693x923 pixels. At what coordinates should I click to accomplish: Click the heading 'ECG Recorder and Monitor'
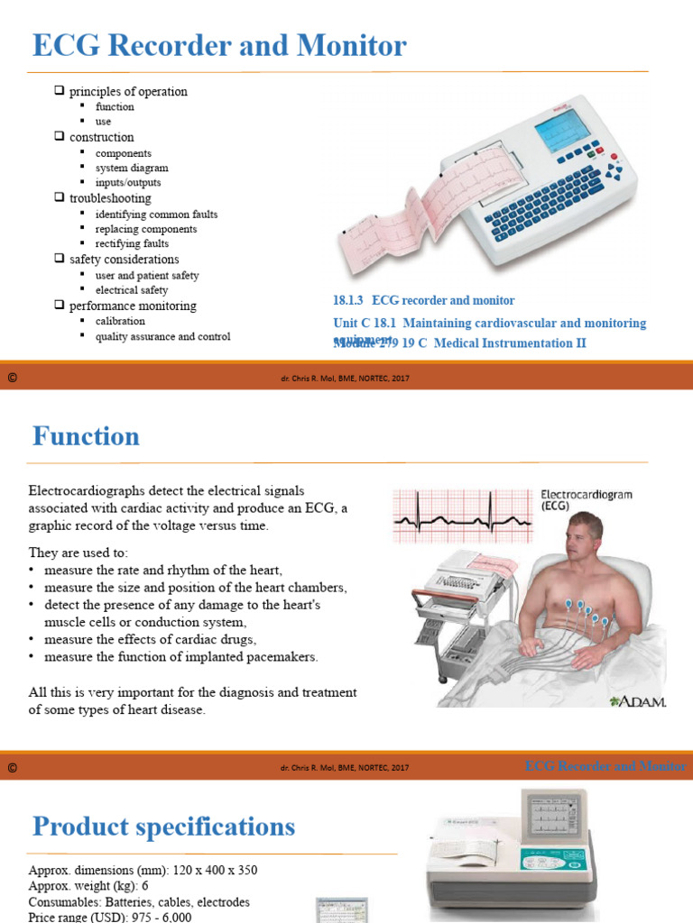point(219,45)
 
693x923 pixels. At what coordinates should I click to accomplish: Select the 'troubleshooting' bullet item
point(110,198)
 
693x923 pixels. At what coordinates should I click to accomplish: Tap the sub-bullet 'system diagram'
point(132,168)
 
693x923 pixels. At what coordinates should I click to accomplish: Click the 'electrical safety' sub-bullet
point(132,290)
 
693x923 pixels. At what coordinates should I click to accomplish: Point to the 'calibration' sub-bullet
point(120,321)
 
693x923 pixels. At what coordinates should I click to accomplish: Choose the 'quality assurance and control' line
point(162,336)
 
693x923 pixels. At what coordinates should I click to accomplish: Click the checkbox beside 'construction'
point(60,137)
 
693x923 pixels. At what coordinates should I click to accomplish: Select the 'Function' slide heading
point(86,437)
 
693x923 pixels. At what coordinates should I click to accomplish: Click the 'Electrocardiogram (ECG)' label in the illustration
point(586,500)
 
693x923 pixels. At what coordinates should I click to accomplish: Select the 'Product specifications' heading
point(163,827)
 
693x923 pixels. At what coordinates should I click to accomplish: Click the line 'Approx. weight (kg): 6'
point(88,887)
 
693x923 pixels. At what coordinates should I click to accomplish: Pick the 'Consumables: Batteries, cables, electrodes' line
point(139,902)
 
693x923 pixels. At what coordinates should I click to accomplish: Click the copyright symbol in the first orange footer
point(12,379)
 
